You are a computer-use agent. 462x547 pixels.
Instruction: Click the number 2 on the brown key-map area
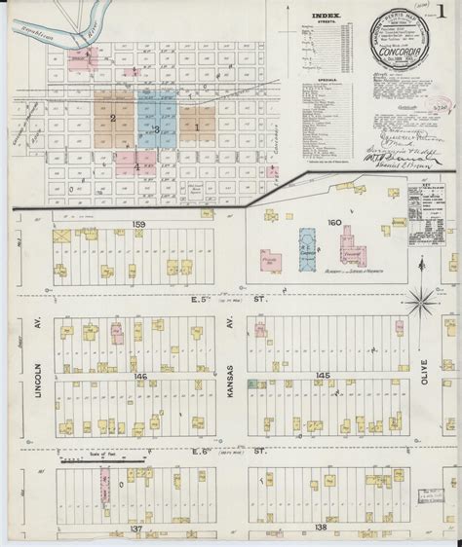pyautogui.click(x=113, y=120)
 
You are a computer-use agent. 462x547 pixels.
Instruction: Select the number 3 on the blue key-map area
pyautogui.click(x=156, y=128)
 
